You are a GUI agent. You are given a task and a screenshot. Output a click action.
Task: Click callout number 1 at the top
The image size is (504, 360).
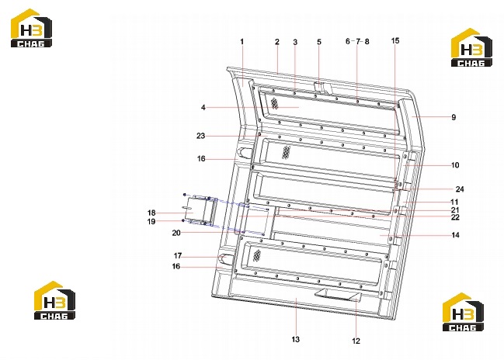point(242,41)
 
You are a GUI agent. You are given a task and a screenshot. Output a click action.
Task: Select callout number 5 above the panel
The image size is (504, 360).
point(319,42)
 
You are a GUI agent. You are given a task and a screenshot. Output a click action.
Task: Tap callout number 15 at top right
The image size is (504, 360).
point(395,41)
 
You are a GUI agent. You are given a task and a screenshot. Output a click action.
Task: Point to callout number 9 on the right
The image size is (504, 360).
point(454,117)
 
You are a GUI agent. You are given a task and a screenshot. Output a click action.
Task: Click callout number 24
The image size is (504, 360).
point(460,189)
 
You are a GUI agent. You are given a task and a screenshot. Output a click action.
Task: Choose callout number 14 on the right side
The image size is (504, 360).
point(455,235)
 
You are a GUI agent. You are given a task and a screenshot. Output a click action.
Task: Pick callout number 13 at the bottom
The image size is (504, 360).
point(295,339)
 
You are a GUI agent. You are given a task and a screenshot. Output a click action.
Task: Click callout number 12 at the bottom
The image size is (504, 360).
point(356,341)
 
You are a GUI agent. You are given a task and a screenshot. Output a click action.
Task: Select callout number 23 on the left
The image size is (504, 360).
point(200,136)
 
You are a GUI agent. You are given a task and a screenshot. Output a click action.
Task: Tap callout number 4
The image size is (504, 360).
point(203,107)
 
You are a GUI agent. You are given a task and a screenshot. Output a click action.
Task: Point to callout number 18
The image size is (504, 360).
point(151,213)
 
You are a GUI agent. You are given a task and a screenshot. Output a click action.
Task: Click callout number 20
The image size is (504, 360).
point(176,233)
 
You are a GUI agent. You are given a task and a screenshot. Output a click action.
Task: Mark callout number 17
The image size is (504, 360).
point(178,255)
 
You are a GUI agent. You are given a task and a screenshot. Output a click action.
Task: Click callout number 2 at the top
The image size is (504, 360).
point(276,42)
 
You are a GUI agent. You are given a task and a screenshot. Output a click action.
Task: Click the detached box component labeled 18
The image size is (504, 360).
point(201,210)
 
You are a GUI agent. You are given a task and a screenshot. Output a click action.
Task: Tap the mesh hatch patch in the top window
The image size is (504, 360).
point(274,103)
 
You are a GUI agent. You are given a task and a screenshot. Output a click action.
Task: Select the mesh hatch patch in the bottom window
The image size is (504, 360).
point(257,255)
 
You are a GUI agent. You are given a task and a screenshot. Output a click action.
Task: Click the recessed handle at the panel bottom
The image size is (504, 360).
point(338,295)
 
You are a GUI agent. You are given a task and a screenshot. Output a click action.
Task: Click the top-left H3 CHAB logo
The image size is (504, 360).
point(31,28)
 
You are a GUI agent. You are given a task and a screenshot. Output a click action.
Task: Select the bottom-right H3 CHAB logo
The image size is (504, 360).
point(463,312)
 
